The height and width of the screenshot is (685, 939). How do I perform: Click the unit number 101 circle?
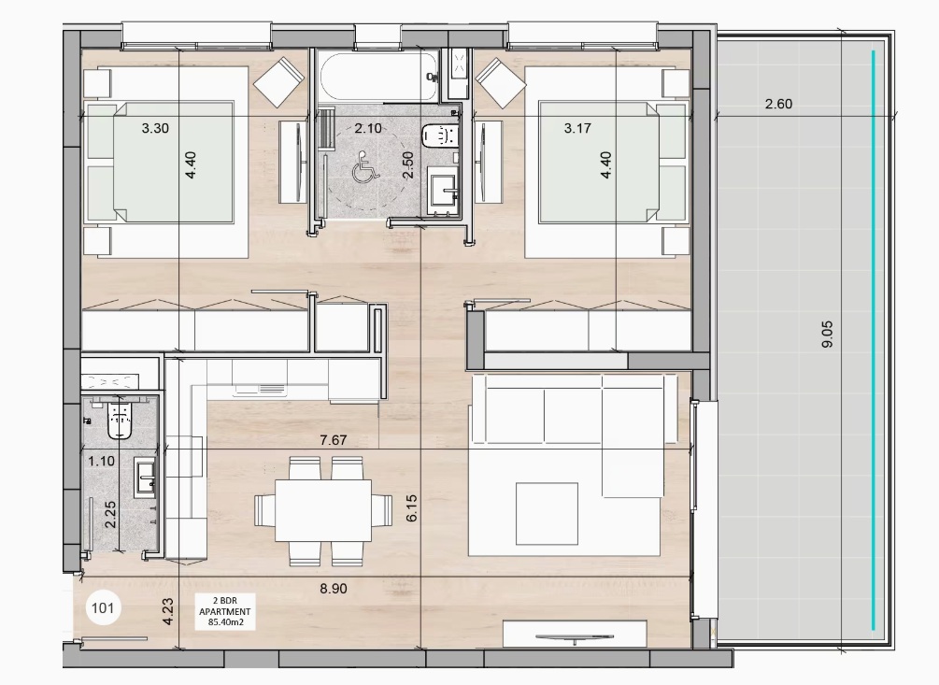[103, 608]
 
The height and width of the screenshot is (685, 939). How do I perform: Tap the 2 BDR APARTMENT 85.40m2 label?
[224, 611]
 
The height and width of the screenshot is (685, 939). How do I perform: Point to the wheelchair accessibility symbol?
[365, 167]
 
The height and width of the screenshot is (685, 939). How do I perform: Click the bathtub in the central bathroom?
[377, 76]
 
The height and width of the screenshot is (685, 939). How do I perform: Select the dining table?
[323, 511]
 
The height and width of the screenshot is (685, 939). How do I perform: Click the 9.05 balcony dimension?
[827, 335]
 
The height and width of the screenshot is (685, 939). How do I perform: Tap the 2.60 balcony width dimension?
[778, 104]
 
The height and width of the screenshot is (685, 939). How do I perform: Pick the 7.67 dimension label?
[333, 440]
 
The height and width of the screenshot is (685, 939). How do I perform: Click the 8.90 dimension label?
[333, 589]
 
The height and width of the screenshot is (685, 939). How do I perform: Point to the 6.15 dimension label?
[411, 507]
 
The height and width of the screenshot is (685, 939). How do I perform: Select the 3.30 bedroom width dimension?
[155, 128]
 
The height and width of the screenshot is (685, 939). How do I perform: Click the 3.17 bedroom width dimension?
[577, 128]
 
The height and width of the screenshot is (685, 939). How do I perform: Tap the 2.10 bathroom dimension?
[368, 128]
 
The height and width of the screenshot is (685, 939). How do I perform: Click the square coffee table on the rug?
[547, 514]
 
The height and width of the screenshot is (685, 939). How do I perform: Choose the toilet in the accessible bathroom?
[439, 136]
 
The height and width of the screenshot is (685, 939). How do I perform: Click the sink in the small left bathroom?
[146, 478]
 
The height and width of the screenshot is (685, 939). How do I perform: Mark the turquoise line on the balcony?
[873, 340]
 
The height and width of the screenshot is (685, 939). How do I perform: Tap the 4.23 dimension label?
[168, 612]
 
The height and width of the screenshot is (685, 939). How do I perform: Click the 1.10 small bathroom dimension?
[101, 462]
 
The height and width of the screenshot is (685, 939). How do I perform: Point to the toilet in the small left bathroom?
[120, 420]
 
